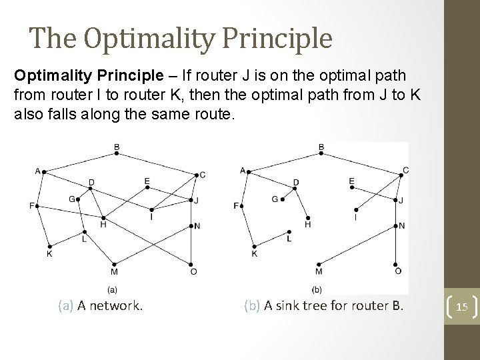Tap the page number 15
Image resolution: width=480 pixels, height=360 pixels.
461,306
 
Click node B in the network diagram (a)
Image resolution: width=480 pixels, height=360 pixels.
117,153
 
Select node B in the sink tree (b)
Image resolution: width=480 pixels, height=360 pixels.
321,153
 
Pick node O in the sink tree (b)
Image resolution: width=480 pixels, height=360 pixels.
397,263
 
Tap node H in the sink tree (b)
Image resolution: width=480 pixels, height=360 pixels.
308,217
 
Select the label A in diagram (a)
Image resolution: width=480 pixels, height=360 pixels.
37,170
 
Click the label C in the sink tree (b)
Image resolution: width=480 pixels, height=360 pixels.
406,170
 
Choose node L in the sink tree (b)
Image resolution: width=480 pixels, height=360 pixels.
288,231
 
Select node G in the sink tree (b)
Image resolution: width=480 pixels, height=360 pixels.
283,199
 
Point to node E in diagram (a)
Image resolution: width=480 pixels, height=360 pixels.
147,187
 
